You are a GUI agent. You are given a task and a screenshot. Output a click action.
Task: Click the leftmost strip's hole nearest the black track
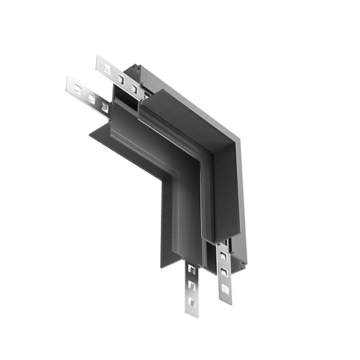[x=104, y=107]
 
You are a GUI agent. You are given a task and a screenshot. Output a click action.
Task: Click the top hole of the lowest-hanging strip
[x=191, y=270]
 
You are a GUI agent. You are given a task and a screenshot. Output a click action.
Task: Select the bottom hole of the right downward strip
[x=225, y=289]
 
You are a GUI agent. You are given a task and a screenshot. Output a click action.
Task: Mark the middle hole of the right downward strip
[x=224, y=272]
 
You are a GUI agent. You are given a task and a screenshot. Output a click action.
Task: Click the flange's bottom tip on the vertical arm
[x=163, y=265]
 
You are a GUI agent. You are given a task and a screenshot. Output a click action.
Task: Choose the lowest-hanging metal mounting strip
[x=192, y=286]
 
